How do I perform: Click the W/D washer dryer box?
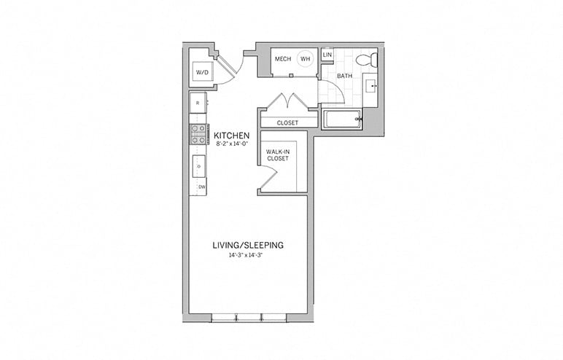(x=202, y=72)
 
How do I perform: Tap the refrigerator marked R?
(x=198, y=103)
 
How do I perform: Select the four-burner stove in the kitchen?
(x=198, y=134)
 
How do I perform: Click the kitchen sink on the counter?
(x=198, y=166)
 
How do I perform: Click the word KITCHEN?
(x=231, y=136)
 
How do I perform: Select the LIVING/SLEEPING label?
(x=248, y=245)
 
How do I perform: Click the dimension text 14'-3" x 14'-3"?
(x=248, y=256)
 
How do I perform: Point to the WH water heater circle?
(x=306, y=60)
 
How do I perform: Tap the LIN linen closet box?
(x=327, y=55)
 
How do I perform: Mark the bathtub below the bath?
(x=341, y=120)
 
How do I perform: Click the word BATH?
(x=344, y=76)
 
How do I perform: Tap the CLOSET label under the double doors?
(x=287, y=123)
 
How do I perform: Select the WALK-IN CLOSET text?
(x=278, y=154)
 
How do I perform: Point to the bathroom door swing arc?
(x=330, y=93)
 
